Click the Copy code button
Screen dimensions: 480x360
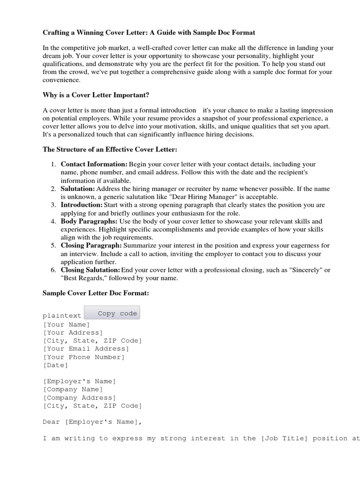point(112,313)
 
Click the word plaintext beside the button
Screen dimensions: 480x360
point(62,315)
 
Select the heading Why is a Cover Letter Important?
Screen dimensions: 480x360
point(96,95)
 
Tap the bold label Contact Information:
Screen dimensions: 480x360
point(94,165)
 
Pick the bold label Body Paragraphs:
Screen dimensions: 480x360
point(89,221)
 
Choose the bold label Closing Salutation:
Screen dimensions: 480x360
point(90,270)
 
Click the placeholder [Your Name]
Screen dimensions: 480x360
point(66,324)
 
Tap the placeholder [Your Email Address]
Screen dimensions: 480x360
point(86,349)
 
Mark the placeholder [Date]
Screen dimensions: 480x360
point(55,365)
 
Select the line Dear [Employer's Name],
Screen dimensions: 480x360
point(92,421)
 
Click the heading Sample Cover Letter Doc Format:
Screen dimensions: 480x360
point(96,293)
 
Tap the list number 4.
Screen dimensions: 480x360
point(53,221)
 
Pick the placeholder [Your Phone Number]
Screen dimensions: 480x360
point(84,357)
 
